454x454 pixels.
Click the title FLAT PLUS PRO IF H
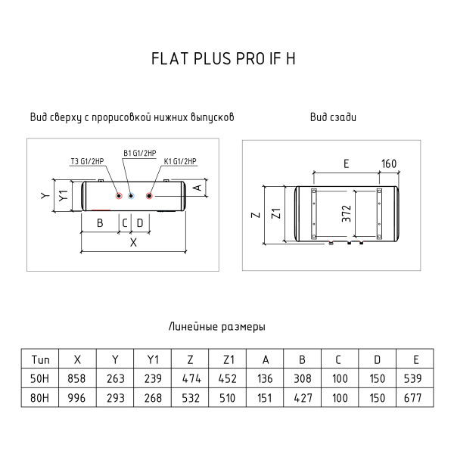[x=226, y=60]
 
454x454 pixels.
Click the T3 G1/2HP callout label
[x=85, y=161]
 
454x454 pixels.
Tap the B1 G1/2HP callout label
[x=139, y=153]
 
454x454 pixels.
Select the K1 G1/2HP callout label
[x=179, y=161]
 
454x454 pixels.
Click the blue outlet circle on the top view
[x=132, y=196]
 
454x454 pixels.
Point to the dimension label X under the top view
[x=134, y=243]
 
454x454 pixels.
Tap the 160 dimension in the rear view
[x=388, y=163]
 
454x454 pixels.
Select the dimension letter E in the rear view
[x=345, y=163]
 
